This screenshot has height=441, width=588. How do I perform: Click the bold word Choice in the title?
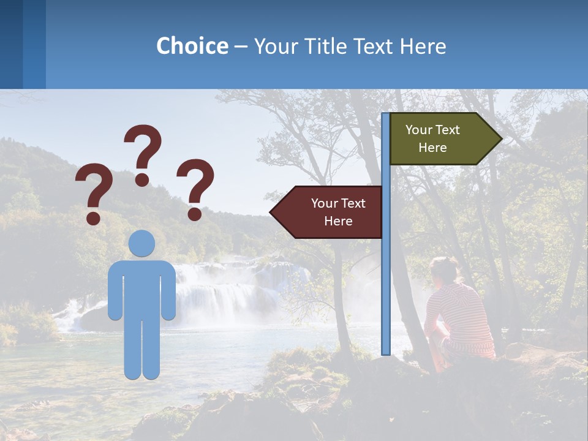tap(192, 46)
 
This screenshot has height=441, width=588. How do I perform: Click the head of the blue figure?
tap(141, 243)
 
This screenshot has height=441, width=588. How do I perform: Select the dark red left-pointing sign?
tap(331, 212)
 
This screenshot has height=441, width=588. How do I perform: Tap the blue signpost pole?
tap(385, 276)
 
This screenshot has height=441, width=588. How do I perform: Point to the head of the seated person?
tap(443, 269)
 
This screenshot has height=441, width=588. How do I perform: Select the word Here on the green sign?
tap(432, 148)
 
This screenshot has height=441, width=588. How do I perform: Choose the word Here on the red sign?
tap(338, 221)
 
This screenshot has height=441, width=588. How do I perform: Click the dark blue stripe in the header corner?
tap(11, 44)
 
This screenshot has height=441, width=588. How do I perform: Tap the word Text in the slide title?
tap(374, 46)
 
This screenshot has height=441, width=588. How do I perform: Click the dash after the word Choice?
tap(241, 47)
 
